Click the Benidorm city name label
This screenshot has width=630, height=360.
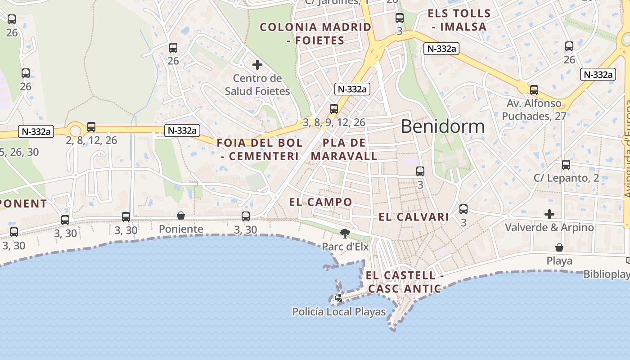click(x=443, y=126)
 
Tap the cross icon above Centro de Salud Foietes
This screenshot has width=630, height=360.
click(x=257, y=65)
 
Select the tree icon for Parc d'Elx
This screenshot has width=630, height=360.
click(x=345, y=233)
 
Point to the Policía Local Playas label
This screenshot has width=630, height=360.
click(x=339, y=311)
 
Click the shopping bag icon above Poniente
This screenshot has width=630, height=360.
click(x=181, y=216)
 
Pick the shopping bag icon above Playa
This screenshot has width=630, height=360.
click(x=559, y=247)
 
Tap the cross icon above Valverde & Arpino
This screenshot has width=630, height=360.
click(x=549, y=214)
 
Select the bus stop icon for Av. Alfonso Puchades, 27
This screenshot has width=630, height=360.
click(x=534, y=90)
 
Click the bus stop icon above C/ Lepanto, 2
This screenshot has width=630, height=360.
click(x=566, y=165)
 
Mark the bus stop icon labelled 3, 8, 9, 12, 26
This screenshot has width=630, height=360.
click(x=334, y=109)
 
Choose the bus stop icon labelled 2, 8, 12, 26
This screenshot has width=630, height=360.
click(x=91, y=127)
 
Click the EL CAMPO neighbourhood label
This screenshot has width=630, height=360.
click(x=320, y=202)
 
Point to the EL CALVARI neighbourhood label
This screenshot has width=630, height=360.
click(x=414, y=217)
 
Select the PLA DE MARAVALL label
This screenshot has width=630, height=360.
click(x=344, y=149)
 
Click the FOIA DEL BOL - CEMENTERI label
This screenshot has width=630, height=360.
click(x=260, y=149)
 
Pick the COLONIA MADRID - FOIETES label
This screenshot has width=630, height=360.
click(x=315, y=34)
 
